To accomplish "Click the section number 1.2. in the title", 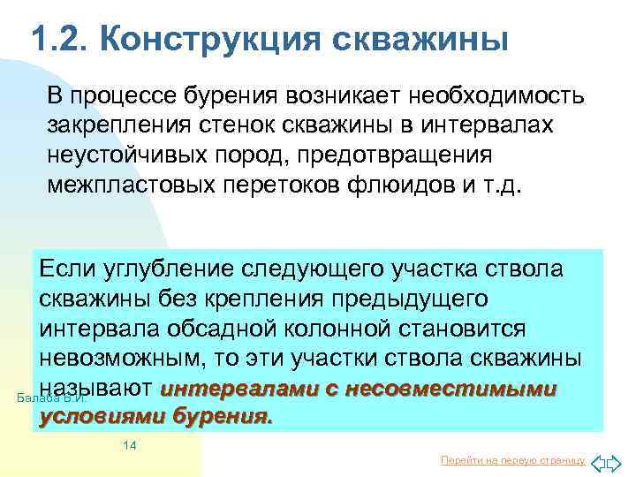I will pyautogui.click(x=58, y=39).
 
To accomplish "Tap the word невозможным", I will pyautogui.click(x=119, y=360).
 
